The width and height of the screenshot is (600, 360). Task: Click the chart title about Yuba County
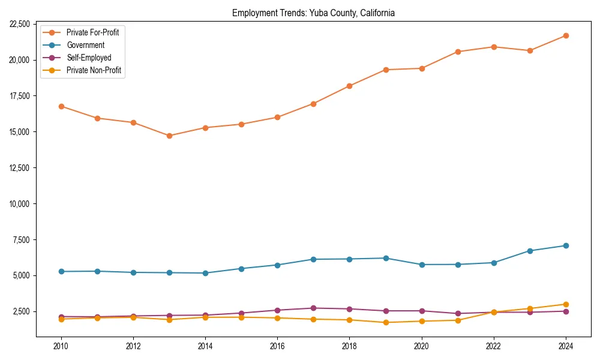[313, 13]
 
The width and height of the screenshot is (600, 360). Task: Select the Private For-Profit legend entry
[92, 32]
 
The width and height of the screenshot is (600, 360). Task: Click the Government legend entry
[85, 45]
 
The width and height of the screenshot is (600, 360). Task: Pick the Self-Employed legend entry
[89, 58]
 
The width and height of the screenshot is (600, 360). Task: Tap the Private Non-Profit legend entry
[94, 71]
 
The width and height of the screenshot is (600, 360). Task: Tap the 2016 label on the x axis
[277, 346]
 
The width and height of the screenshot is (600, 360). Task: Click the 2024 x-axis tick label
[566, 346]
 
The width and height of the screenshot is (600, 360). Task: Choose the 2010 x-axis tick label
[61, 346]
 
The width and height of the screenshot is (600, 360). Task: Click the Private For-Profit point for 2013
[169, 136]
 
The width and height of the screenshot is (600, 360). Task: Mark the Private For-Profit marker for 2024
[566, 36]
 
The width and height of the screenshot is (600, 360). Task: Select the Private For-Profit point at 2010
[61, 106]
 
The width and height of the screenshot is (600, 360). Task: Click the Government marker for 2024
[566, 245]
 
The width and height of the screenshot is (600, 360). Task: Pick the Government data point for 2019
[386, 258]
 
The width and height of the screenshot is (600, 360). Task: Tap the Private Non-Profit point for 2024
[566, 304]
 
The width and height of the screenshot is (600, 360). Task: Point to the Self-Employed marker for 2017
[313, 308]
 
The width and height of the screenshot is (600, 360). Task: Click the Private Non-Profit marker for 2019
[386, 322]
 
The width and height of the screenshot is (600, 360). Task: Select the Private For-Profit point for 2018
[349, 86]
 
